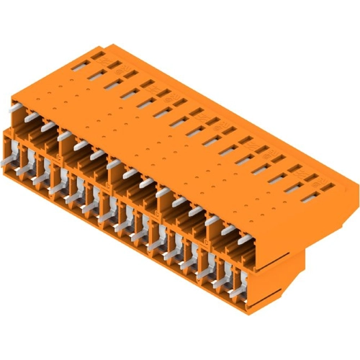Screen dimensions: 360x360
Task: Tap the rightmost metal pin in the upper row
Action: [x=245, y=238]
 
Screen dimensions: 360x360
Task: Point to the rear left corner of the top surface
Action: [x=101, y=44]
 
